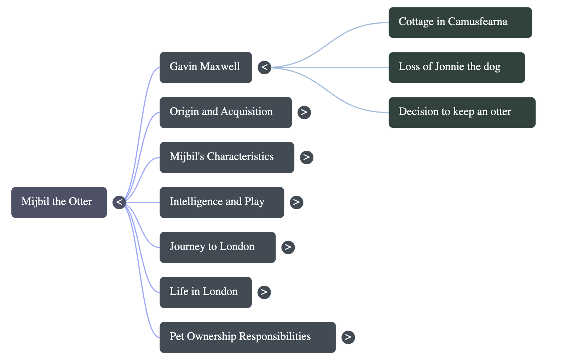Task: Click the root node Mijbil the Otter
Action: [x=59, y=202]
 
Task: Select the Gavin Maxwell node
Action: [x=206, y=67]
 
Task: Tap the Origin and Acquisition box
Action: [x=225, y=112]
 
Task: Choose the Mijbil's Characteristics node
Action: [x=226, y=157]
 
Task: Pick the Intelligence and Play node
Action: [x=221, y=202]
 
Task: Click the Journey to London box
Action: [x=217, y=247]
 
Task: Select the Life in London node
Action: [x=205, y=292]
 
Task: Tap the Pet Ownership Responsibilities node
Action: [x=247, y=337]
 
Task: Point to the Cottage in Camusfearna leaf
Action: [x=460, y=22]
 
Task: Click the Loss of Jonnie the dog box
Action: [x=456, y=67]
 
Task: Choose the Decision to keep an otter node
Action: [x=462, y=112]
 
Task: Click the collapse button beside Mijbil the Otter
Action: [x=119, y=202]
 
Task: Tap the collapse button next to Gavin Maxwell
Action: [x=264, y=67]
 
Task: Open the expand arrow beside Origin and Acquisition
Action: [x=304, y=112]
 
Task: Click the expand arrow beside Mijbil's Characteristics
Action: [x=306, y=157]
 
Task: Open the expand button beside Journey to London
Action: [x=288, y=247]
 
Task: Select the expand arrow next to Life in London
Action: [x=264, y=292]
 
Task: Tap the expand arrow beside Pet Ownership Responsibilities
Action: [x=348, y=337]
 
